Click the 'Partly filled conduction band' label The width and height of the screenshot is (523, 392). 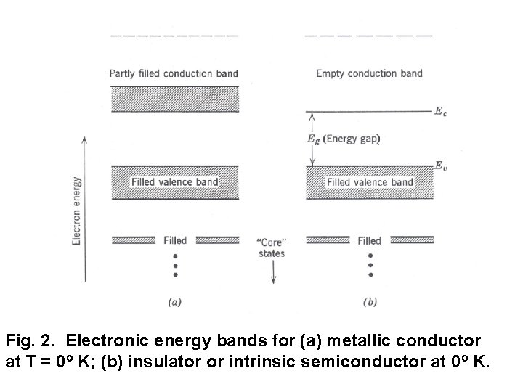point(174,73)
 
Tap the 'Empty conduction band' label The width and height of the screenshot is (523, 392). point(369,73)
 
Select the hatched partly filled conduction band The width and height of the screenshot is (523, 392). point(174,99)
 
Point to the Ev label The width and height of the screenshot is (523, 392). point(440,166)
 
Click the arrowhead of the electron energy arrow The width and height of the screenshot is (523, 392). point(85,139)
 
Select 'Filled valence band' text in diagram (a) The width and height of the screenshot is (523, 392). point(174,181)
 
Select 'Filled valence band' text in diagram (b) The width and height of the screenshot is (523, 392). point(370,181)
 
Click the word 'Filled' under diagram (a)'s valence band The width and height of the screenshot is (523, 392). point(174,240)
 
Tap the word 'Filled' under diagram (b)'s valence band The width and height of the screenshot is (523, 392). point(370,240)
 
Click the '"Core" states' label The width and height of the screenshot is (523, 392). point(272,247)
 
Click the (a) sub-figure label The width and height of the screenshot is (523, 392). point(174,303)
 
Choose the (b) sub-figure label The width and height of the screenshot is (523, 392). point(370,303)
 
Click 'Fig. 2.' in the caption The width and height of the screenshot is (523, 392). point(28,339)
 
